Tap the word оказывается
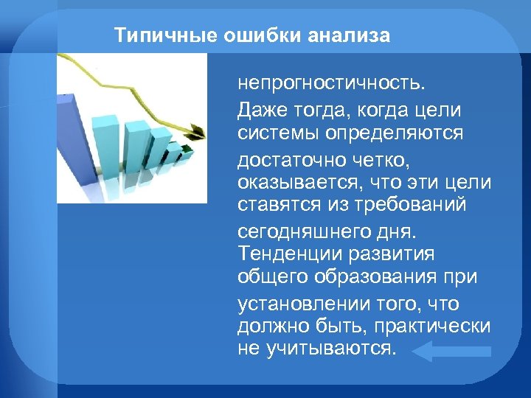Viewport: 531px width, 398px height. click(294, 181)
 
